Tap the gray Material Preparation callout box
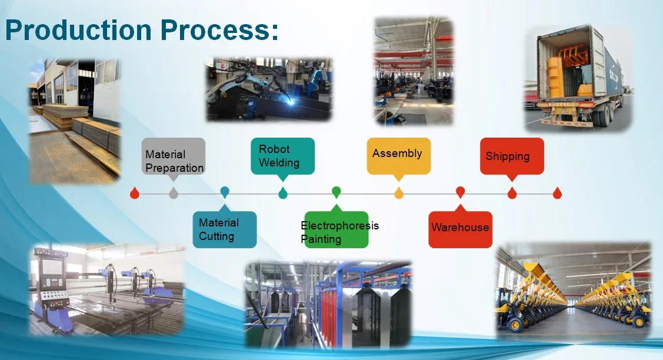tap(174, 156)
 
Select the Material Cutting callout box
tap(224, 229)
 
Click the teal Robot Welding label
tap(282, 156)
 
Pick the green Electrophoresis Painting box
tap(336, 229)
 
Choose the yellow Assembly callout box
tap(398, 156)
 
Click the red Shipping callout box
tap(511, 156)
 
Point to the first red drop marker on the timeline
tap(135, 193)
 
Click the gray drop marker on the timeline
tap(174, 193)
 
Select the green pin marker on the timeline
tap(337, 192)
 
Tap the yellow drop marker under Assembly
tap(399, 193)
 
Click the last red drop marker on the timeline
tap(557, 193)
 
